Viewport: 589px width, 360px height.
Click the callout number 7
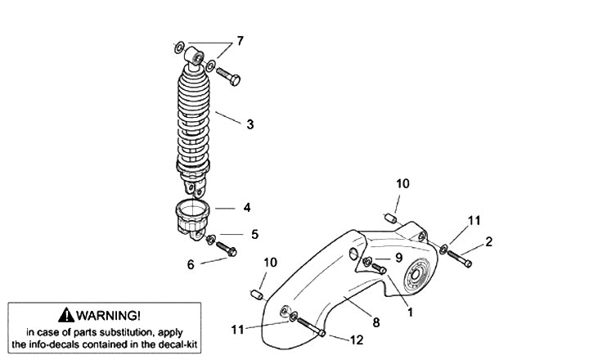[240, 40]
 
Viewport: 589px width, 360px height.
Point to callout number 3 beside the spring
[250, 124]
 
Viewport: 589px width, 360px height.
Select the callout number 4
[246, 207]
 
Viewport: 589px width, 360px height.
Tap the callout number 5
[254, 234]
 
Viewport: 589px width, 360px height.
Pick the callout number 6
[191, 263]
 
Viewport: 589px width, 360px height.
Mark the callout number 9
[398, 256]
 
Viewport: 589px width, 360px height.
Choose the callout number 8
[375, 322]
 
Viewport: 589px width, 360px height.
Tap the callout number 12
[357, 339]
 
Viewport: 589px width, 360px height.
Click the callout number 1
[410, 312]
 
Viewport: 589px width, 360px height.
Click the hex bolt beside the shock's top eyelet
[229, 78]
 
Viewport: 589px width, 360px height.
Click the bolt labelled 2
[461, 257]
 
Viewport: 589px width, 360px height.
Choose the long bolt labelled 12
[309, 324]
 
